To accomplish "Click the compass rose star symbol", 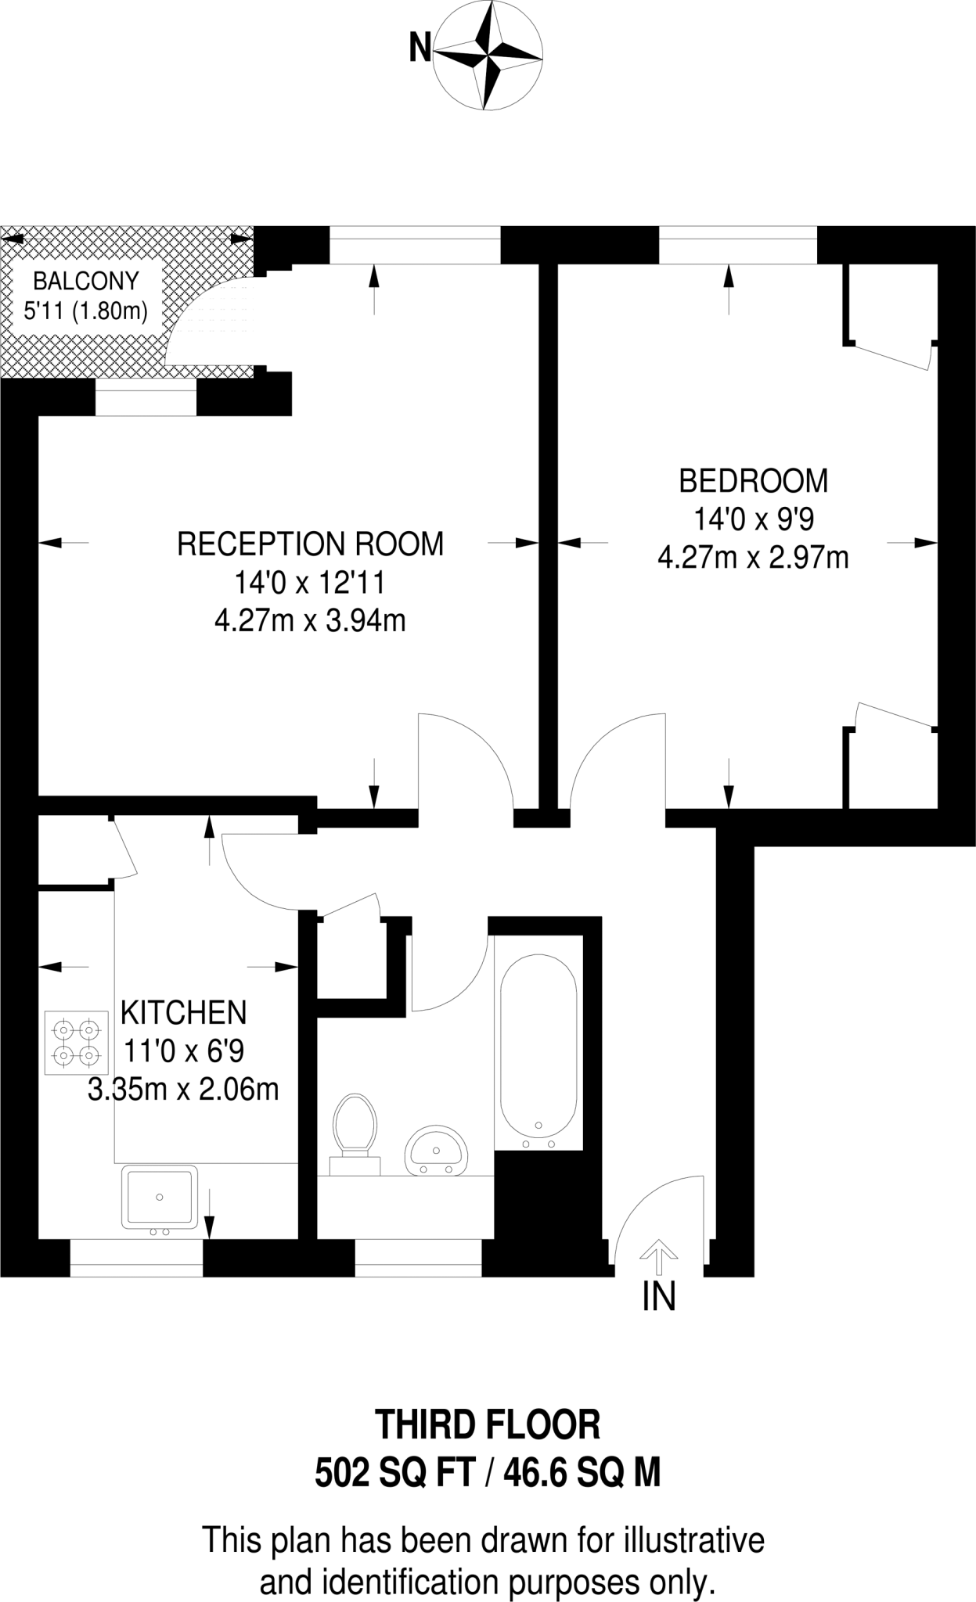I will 488,56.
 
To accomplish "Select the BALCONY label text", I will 86,280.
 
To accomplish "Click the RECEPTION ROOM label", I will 310,544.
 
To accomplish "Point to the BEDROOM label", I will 753,480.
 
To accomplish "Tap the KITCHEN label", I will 183,1013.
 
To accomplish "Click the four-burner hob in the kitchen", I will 76,1043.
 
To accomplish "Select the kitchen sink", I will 159,1197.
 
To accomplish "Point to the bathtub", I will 538,1048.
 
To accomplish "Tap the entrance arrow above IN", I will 659,1257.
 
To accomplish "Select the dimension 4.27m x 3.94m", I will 310,621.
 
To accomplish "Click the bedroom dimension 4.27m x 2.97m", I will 753,559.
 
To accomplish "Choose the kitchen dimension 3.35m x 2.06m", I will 183,1090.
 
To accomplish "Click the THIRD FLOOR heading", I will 488,1425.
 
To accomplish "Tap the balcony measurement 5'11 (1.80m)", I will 86,311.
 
